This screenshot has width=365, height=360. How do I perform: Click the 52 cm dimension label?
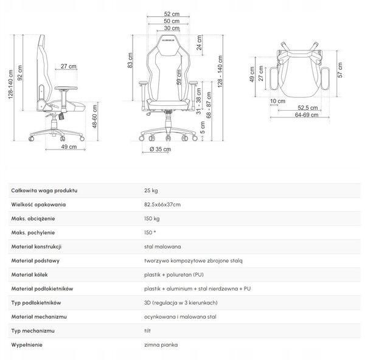(172, 14)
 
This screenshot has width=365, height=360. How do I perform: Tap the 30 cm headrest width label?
(172, 28)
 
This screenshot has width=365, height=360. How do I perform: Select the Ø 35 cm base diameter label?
(160, 149)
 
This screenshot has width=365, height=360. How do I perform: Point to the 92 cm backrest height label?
(20, 73)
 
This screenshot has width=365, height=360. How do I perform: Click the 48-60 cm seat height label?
(95, 116)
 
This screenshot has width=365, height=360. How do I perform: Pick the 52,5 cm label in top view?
(307, 108)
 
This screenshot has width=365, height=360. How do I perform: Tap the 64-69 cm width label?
(307, 115)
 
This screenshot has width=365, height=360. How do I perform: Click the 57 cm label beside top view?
(340, 70)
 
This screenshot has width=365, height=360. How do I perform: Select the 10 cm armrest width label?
(277, 101)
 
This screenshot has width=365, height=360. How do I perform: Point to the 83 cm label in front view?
(130, 60)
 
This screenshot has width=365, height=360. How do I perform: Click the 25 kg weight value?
(151, 190)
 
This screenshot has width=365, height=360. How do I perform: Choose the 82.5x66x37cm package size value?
(162, 204)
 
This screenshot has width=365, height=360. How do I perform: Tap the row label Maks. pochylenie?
(33, 233)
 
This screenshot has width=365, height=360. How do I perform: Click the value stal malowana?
(162, 247)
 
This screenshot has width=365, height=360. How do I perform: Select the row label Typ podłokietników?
(36, 303)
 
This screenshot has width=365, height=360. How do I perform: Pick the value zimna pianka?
(161, 345)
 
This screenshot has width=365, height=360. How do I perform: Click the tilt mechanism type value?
(147, 331)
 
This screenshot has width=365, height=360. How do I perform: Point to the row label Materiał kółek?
(29, 275)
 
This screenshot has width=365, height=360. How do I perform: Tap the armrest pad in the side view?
(66, 88)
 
